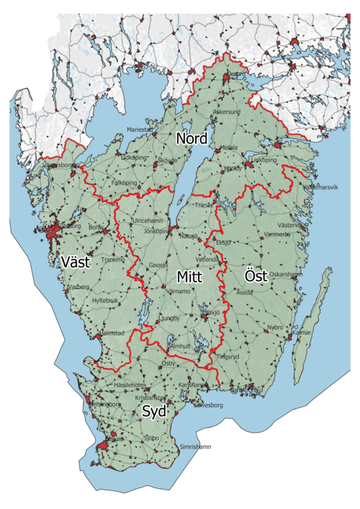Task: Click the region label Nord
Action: pyautogui.click(x=192, y=138)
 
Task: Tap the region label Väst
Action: pyautogui.click(x=76, y=262)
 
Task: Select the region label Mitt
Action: pyautogui.click(x=191, y=276)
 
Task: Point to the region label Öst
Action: pyautogui.click(x=256, y=276)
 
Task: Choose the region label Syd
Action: pyautogui.click(x=153, y=412)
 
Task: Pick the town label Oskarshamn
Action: pyautogui.click(x=286, y=274)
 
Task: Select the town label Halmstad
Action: pyautogui.click(x=112, y=333)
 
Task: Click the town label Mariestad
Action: pyautogui.click(x=140, y=129)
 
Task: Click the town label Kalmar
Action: pyautogui.click(x=301, y=333)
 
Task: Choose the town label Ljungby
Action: pyautogui.click(x=167, y=317)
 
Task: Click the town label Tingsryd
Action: pyautogui.click(x=227, y=356)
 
